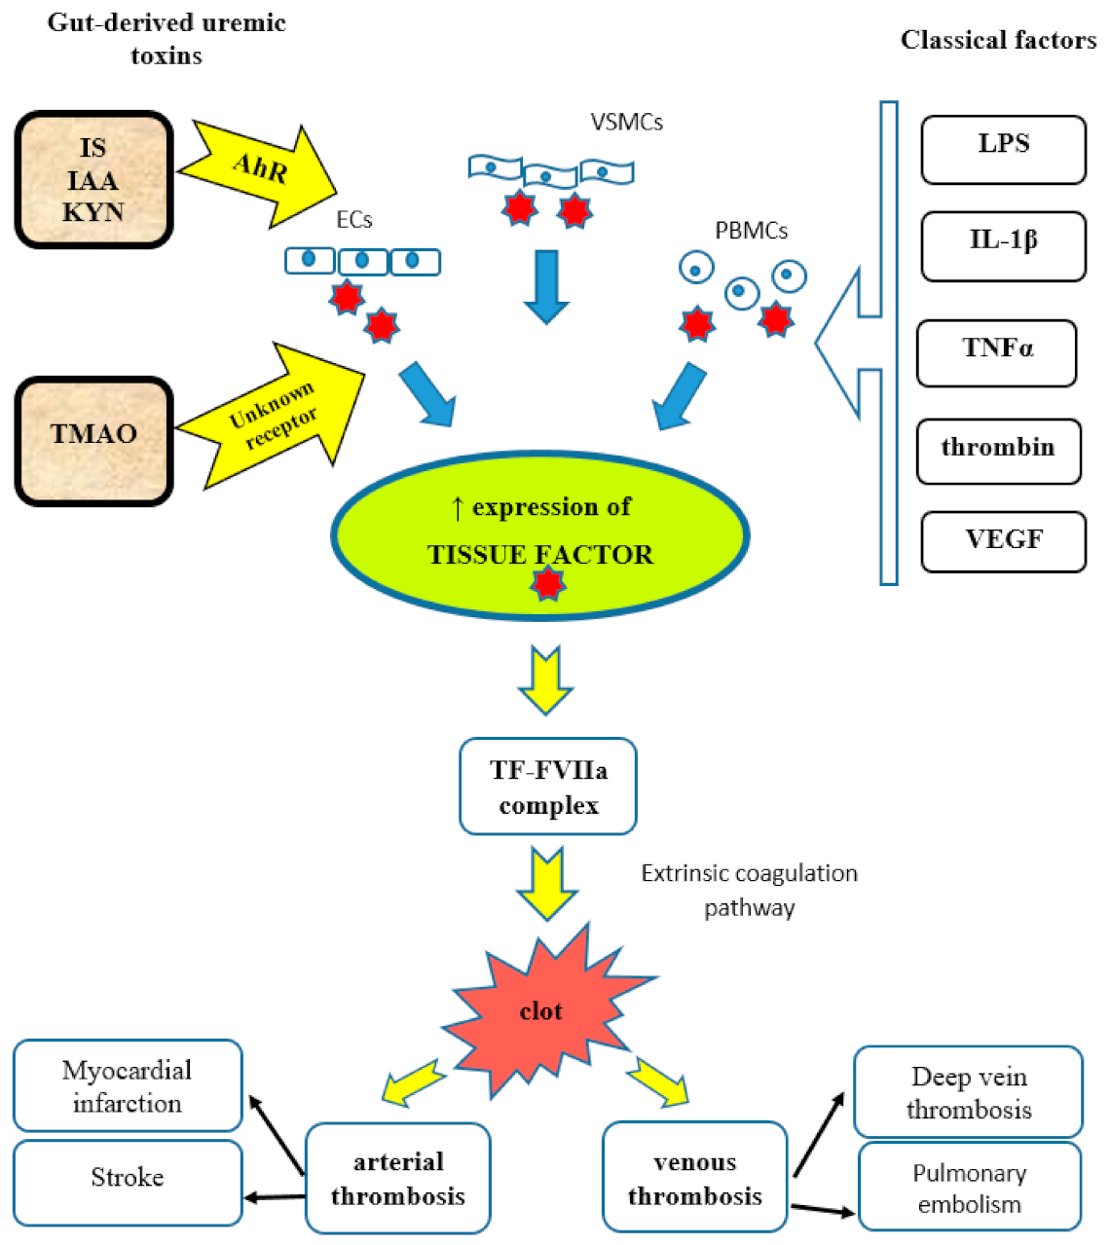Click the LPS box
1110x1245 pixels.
(x=1003, y=149)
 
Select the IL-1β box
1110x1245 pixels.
(x=1003, y=245)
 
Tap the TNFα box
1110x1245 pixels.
(x=996, y=352)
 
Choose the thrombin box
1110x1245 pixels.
(x=998, y=451)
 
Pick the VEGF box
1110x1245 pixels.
(x=1003, y=541)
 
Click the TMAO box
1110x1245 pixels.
(x=93, y=441)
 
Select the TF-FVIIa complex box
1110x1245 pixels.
(x=547, y=787)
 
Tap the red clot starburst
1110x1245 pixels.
(x=541, y=1012)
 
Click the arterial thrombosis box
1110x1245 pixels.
(x=397, y=1178)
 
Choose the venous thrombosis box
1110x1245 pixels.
(x=694, y=1178)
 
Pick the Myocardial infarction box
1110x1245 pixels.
(x=127, y=1085)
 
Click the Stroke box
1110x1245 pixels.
(x=127, y=1181)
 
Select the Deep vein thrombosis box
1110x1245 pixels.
(x=968, y=1092)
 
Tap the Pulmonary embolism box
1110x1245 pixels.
(x=969, y=1188)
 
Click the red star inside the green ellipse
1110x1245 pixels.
(x=547, y=583)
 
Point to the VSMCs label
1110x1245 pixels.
(x=626, y=123)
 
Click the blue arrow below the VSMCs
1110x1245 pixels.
(x=546, y=285)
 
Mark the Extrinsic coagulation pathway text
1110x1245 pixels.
(x=749, y=890)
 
